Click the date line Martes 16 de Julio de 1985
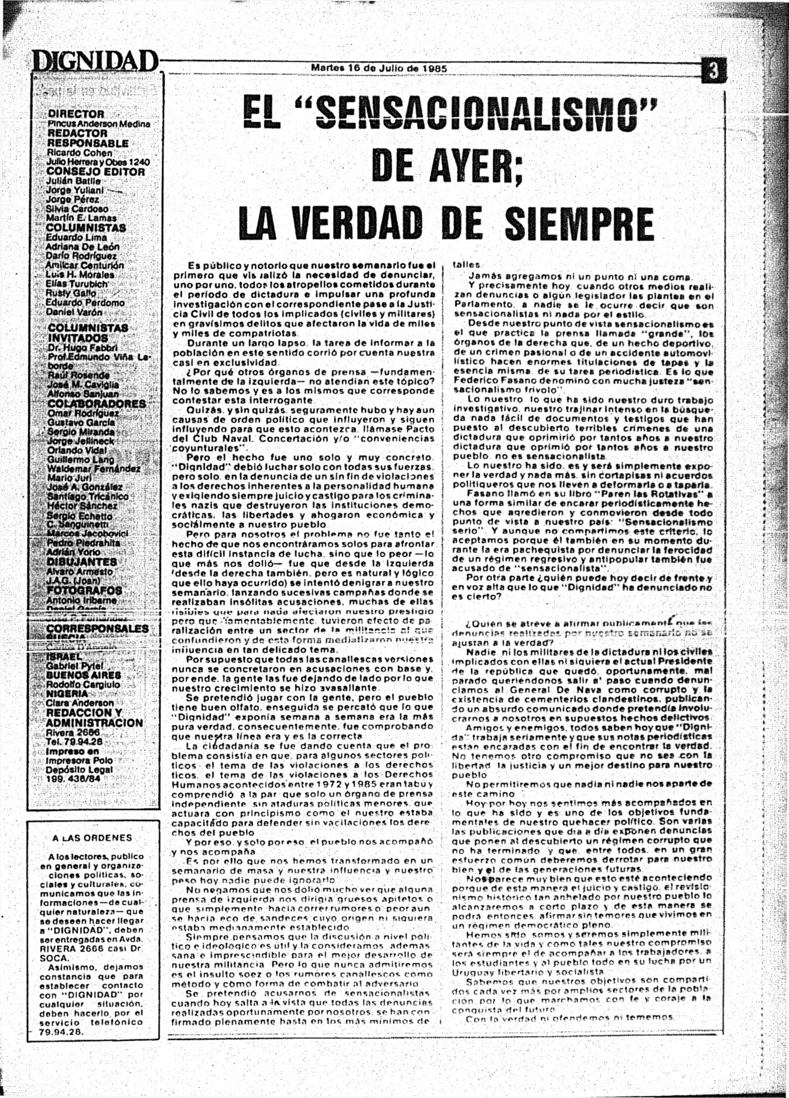[379, 68]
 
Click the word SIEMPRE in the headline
[578, 223]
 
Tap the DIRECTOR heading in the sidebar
[76, 114]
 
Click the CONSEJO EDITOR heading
[95, 172]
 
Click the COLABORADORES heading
[97, 404]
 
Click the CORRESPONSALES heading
[97, 629]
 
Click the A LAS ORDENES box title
[92, 838]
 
